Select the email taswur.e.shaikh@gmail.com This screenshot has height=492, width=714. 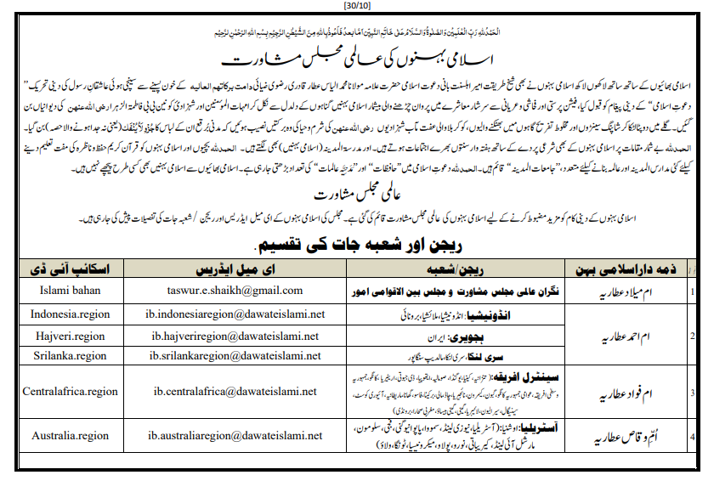(x=235, y=291)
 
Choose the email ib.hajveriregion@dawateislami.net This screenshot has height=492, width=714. (x=235, y=335)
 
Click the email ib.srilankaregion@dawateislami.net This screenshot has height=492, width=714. (x=235, y=356)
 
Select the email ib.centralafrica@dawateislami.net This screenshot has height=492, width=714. (x=235, y=392)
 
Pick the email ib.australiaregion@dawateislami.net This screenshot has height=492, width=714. (x=235, y=436)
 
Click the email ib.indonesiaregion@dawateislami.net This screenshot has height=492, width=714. (x=235, y=314)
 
